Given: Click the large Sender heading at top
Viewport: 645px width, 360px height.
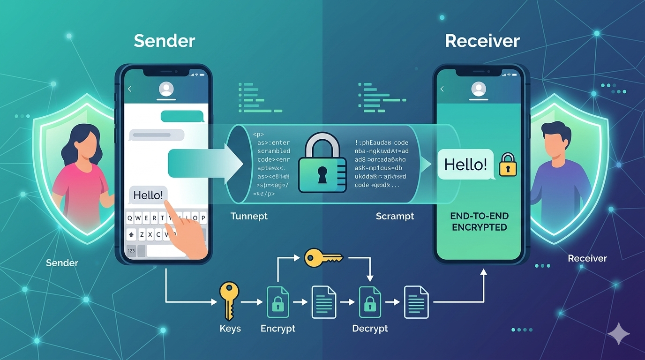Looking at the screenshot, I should pyautogui.click(x=164, y=41).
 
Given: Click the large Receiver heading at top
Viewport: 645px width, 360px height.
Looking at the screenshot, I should pyautogui.click(x=482, y=41).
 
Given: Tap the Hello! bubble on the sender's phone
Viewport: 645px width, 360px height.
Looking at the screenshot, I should pyautogui.click(x=148, y=195).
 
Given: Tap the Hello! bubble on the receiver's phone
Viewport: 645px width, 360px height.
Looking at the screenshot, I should pyautogui.click(x=465, y=165).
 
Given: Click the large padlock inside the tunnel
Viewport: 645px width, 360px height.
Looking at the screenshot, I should pyautogui.click(x=322, y=165).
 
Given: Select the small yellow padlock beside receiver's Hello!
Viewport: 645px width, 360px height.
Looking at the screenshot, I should pyautogui.click(x=508, y=165).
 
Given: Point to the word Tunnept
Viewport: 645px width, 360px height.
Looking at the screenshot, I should pyautogui.click(x=249, y=216).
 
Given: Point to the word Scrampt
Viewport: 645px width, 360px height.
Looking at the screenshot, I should pyautogui.click(x=395, y=216).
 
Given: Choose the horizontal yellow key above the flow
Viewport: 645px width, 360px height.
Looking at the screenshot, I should pyautogui.click(x=323, y=257).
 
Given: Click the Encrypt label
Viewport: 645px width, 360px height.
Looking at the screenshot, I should pyautogui.click(x=278, y=328).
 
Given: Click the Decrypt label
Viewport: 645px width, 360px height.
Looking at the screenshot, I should pyautogui.click(x=370, y=328).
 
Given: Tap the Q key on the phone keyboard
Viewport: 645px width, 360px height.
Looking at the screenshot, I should pyautogui.click(x=130, y=218).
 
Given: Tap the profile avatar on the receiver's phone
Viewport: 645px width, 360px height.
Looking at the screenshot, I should pyautogui.click(x=478, y=89).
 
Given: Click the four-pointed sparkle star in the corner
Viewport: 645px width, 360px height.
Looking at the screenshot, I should pyautogui.click(x=618, y=333).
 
